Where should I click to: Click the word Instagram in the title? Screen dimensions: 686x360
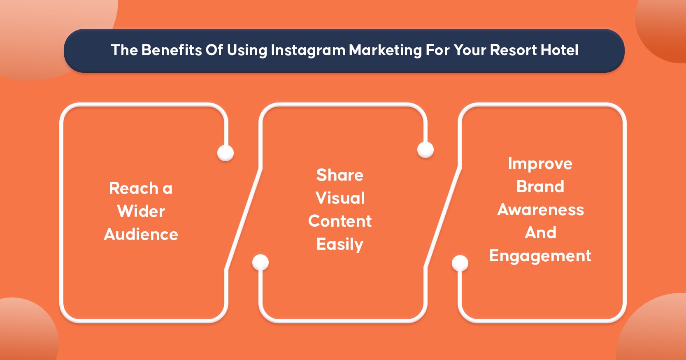point(308,50)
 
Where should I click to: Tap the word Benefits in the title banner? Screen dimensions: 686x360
point(172,50)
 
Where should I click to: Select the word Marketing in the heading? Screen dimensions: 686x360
point(385,50)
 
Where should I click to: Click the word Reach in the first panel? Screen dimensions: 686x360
point(133,188)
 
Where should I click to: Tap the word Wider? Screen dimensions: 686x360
point(141,211)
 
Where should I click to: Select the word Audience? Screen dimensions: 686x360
point(141,235)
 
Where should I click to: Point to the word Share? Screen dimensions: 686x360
point(340,175)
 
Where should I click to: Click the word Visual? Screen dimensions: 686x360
point(340,198)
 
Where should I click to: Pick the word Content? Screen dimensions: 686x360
point(340,221)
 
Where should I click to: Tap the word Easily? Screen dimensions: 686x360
point(340,244)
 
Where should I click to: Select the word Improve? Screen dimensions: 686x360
point(540,164)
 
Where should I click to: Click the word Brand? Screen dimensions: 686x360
point(540,186)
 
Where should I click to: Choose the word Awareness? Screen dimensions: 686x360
point(541,210)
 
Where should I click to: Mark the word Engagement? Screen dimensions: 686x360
point(540,256)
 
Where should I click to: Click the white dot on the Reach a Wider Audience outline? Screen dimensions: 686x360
point(226,153)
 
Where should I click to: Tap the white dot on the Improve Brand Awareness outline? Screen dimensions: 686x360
point(460,263)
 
